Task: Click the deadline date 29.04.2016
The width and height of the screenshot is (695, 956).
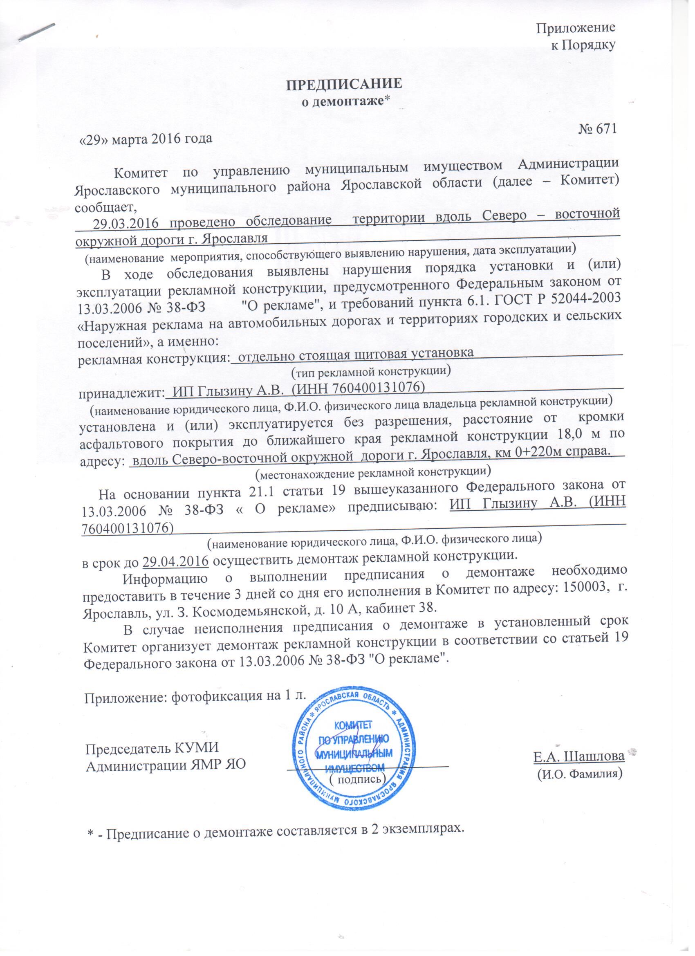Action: [176, 561]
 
